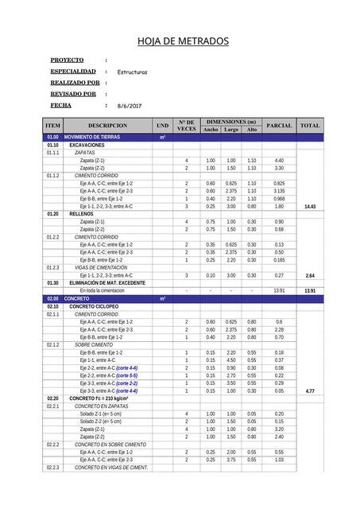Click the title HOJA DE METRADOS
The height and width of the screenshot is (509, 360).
coord(183,41)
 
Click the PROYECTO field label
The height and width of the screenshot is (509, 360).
coord(67,60)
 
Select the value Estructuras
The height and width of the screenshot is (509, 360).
coord(132,72)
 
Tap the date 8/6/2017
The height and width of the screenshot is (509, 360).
coord(129,106)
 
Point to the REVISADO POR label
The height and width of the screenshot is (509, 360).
coord(73,94)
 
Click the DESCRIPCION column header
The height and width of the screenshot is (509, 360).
coord(107,126)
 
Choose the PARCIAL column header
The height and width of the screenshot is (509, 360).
coord(279,126)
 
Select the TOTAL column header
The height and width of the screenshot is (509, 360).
coord(310,126)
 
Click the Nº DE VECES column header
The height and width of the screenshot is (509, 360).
coord(187,126)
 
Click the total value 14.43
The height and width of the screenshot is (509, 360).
coord(310,207)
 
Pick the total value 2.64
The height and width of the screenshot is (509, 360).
coord(310,275)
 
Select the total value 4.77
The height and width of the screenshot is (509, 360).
coord(310,391)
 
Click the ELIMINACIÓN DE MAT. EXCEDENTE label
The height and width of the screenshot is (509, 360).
coord(107,283)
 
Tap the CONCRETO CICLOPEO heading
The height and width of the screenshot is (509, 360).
coord(94,306)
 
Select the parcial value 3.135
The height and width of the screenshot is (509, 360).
coord(279,191)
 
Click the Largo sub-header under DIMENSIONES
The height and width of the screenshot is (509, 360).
coord(231,130)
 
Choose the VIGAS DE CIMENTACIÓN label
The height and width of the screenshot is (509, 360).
coord(101,267)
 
